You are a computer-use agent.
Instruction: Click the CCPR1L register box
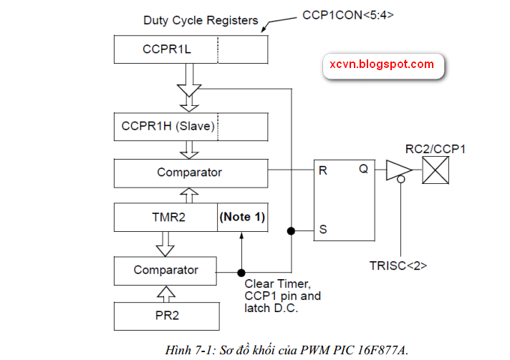coord(191,51)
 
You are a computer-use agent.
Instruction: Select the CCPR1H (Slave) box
coord(191,127)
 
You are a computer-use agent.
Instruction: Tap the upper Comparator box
coord(191,172)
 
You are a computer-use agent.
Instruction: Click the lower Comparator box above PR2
coord(166,270)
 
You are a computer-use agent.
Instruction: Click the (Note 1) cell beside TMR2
coord(243,217)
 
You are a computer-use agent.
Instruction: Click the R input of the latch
coord(322,172)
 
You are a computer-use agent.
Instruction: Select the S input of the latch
coord(322,230)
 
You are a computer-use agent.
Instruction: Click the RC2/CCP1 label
coord(436,150)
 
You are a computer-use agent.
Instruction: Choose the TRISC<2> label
coord(398,266)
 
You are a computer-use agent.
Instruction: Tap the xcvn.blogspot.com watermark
coord(382,64)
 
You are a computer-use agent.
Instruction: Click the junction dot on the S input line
coord(291,230)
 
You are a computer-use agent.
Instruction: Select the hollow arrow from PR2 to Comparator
coord(166,292)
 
